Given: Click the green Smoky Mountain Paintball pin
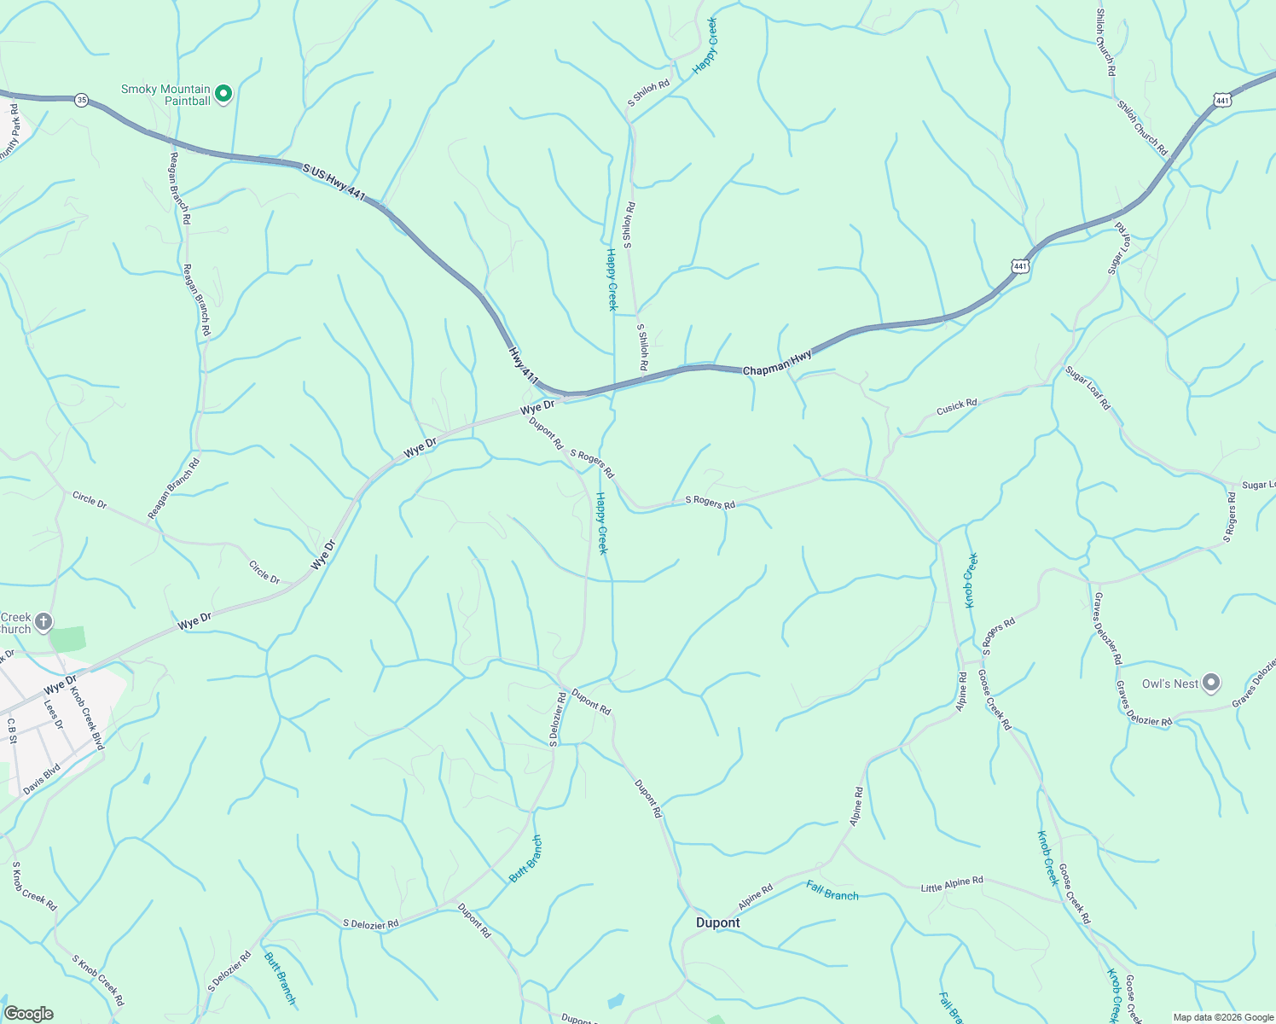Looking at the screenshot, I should click(x=223, y=94).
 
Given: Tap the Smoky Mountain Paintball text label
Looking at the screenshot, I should click(x=165, y=95).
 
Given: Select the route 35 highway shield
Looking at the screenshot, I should click(x=81, y=100).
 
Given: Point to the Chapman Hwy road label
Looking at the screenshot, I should click(x=777, y=365).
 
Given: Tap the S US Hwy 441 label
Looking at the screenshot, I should click(x=334, y=183).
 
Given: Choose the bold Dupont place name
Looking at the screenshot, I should click(x=717, y=922).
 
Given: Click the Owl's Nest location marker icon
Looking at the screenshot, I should click(x=1211, y=683).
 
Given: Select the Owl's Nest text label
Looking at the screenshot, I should click(x=1169, y=684).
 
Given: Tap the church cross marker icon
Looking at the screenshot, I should click(x=43, y=622).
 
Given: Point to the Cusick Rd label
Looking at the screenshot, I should click(x=956, y=407).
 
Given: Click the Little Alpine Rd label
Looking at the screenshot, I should click(x=952, y=884).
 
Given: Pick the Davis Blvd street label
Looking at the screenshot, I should click(x=42, y=779).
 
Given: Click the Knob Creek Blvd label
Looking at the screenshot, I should click(x=86, y=718).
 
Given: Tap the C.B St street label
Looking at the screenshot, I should click(x=12, y=730).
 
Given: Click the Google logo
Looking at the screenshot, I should click(x=28, y=1014).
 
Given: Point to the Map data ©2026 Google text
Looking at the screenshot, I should click(x=1221, y=1017).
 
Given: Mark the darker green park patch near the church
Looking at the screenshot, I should click(x=68, y=638).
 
